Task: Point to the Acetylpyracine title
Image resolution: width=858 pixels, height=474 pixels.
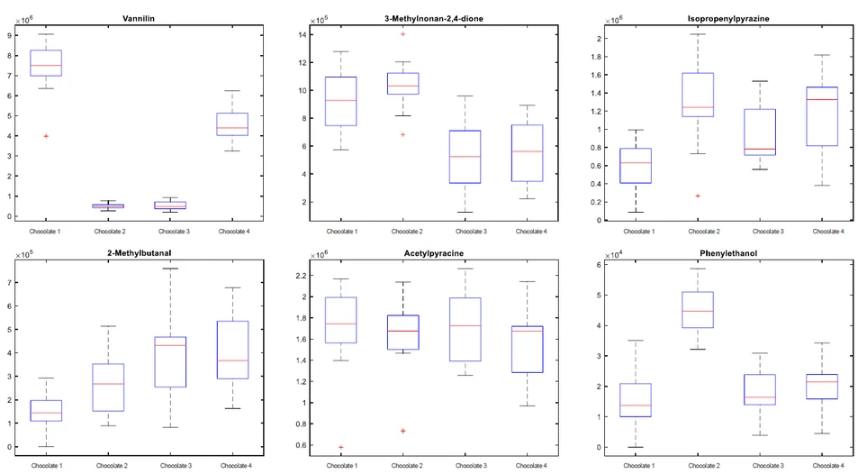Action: pyautogui.click(x=433, y=254)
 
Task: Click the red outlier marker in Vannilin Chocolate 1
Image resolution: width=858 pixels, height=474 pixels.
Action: pyautogui.click(x=46, y=136)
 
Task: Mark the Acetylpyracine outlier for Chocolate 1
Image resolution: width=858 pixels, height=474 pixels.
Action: pyautogui.click(x=340, y=447)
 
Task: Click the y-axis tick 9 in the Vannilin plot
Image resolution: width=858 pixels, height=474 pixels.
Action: pyautogui.click(x=9, y=35)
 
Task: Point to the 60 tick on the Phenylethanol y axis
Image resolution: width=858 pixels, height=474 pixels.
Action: pyautogui.click(x=596, y=265)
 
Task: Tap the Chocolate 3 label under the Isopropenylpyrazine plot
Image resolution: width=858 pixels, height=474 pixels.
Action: pyautogui.click(x=762, y=231)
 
